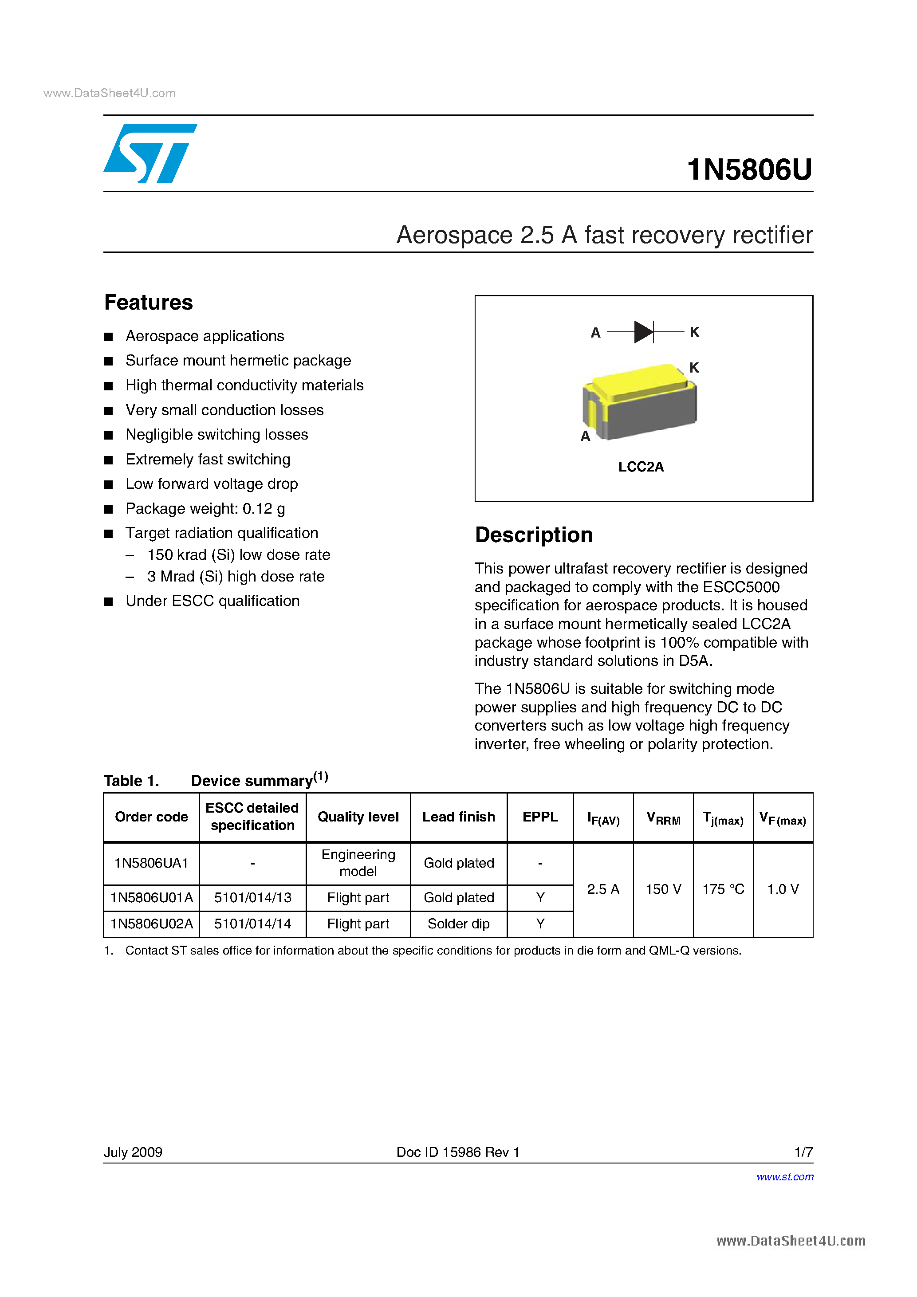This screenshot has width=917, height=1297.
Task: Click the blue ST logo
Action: (x=150, y=153)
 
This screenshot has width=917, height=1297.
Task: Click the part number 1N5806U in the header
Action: (x=749, y=169)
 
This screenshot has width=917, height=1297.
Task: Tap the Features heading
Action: (x=149, y=303)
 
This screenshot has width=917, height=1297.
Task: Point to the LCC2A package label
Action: (x=641, y=467)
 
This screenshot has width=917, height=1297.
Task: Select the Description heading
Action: (x=533, y=535)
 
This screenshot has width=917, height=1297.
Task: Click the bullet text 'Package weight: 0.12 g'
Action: (x=205, y=508)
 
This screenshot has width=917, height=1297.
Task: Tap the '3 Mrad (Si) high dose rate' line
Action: (x=236, y=576)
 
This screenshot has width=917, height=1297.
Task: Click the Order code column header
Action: (x=151, y=817)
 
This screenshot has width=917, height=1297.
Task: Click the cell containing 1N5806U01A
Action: (x=151, y=898)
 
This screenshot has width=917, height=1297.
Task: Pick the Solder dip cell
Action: (x=458, y=924)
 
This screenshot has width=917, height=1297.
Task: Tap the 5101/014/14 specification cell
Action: (x=252, y=924)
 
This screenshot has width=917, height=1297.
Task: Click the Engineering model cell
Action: (x=358, y=863)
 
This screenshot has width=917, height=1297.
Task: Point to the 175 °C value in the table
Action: (x=723, y=889)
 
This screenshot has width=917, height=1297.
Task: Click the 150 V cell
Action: (x=663, y=889)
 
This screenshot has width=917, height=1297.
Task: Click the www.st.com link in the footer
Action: (x=785, y=1177)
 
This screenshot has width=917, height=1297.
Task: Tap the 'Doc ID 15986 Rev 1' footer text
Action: (x=458, y=1152)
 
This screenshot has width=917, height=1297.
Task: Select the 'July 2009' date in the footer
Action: (x=133, y=1152)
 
